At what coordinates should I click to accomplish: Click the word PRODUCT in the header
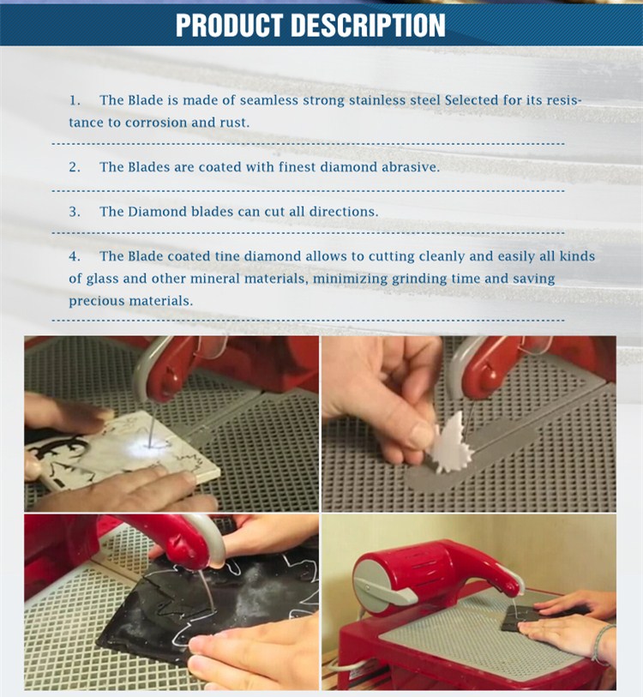tap(230, 26)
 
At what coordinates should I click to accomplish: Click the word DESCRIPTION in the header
tap(369, 26)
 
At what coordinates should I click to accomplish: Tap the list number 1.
tap(75, 100)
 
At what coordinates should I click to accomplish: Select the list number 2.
tap(75, 167)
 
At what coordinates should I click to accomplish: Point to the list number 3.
tap(75, 212)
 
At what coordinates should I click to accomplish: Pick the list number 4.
tap(75, 256)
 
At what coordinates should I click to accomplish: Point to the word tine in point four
tap(227, 256)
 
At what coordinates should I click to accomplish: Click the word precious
tap(97, 302)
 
